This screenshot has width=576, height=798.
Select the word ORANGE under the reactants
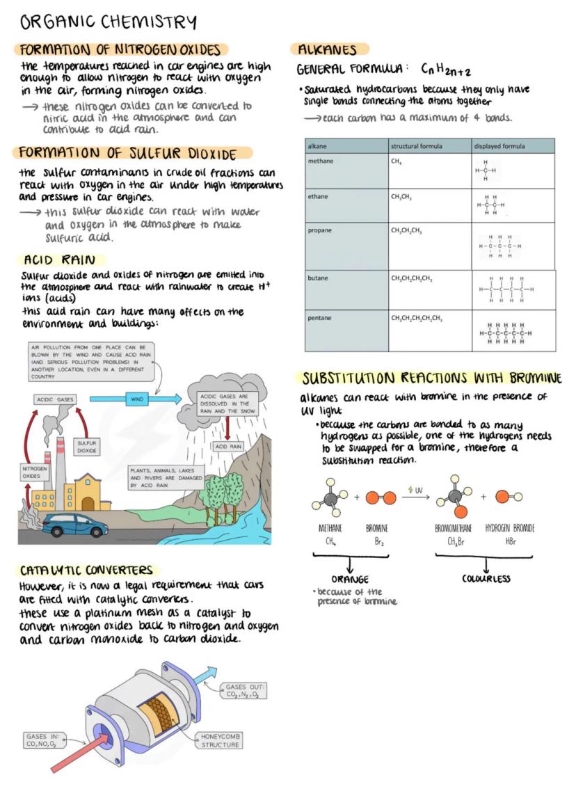349,579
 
